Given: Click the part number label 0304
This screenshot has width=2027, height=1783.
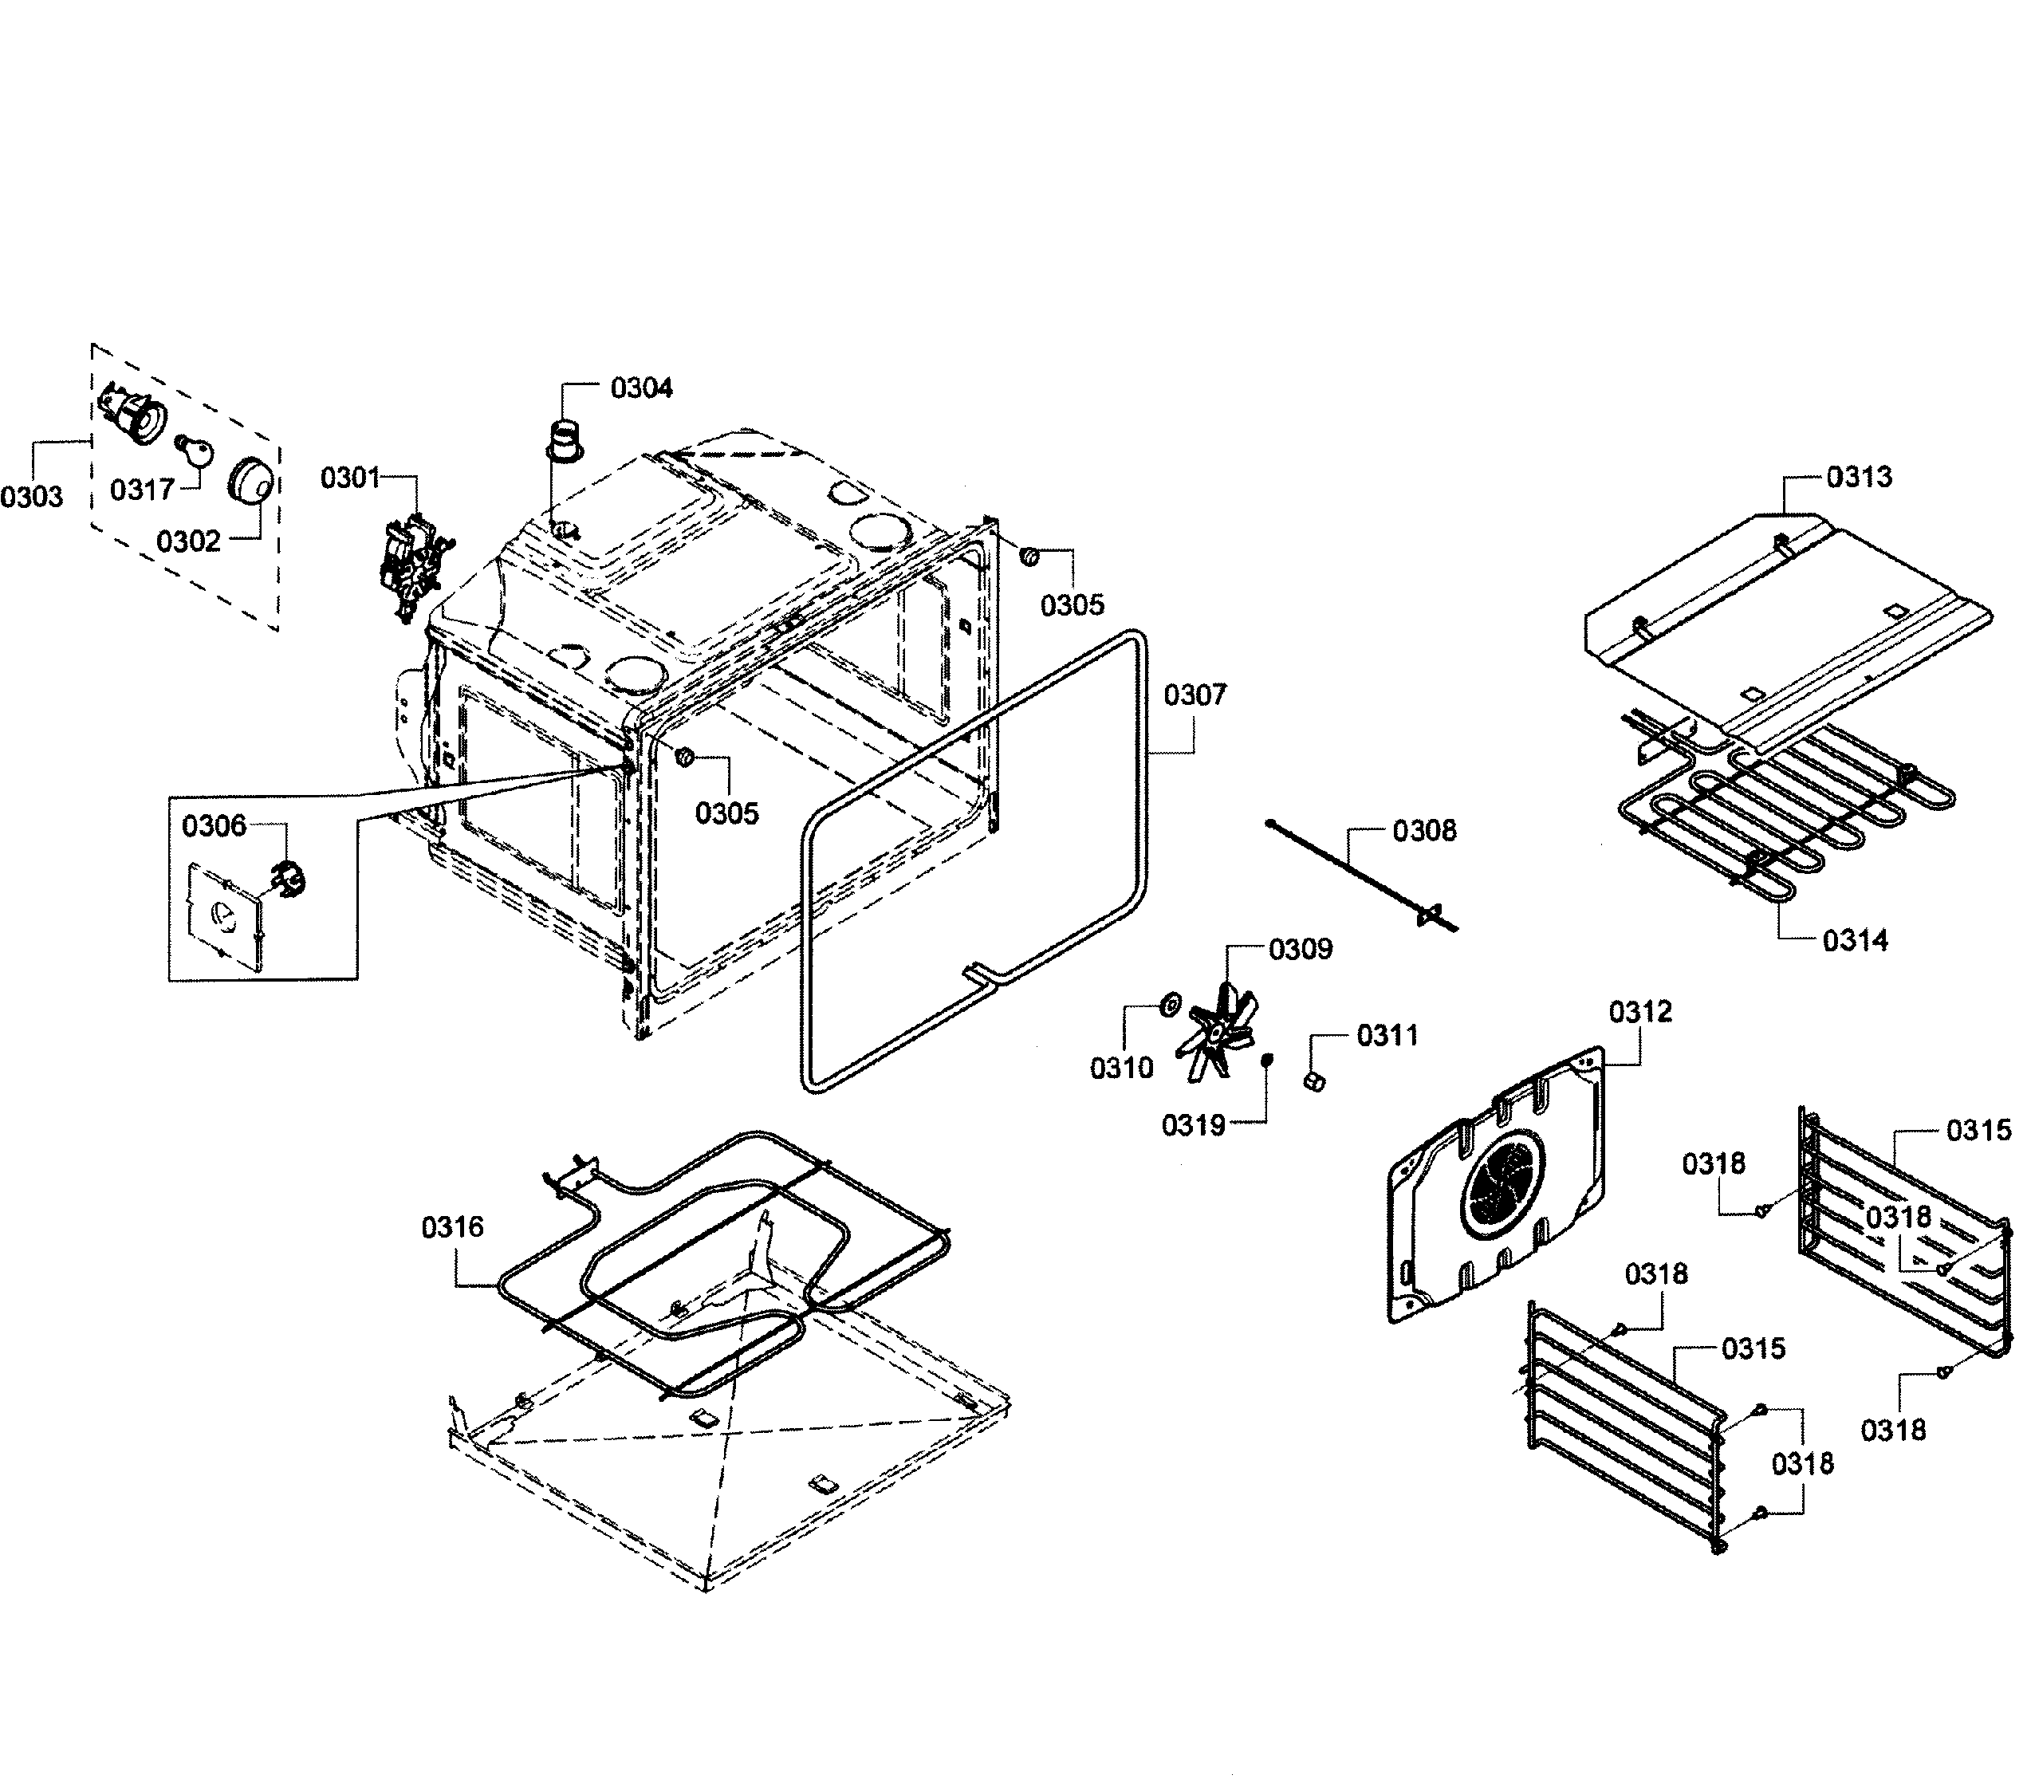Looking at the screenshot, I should click(x=642, y=388).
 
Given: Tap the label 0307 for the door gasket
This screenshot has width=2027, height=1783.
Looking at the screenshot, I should click(x=1195, y=695).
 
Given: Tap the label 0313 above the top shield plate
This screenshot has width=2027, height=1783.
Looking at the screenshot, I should click(x=1860, y=477).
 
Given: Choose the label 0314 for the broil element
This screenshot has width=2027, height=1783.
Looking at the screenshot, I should click(x=1855, y=940).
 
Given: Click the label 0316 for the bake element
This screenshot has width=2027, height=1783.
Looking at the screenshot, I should click(x=453, y=1228).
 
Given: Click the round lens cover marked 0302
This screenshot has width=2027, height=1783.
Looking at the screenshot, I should click(x=250, y=483).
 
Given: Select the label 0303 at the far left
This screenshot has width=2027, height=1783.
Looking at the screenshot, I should click(x=32, y=497).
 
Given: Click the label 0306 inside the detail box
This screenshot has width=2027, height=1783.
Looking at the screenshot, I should click(x=215, y=826).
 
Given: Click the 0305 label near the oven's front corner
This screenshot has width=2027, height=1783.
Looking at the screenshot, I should click(x=727, y=813).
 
